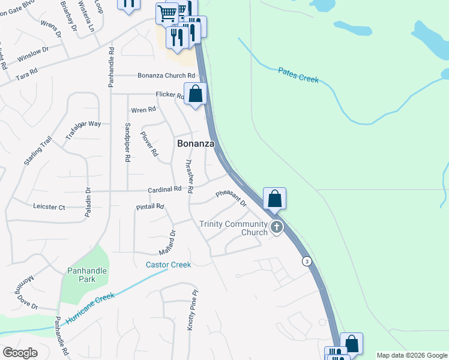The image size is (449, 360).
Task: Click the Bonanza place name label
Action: click(196, 144)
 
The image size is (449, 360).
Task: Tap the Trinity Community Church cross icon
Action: click(277, 227)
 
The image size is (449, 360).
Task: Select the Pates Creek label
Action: click(298, 75)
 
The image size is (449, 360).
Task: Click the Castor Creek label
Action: click(168, 265)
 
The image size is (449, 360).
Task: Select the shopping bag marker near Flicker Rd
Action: click(195, 94)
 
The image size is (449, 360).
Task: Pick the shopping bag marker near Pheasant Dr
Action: click(274, 199)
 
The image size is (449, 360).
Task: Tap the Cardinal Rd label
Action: click(165, 190)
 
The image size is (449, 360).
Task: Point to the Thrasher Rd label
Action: click(188, 176)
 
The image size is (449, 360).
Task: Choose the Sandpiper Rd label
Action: click(127, 143)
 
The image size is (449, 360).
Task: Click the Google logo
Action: click(20, 353)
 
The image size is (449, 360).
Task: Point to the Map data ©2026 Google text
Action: click(412, 355)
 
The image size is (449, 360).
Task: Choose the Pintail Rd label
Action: click(150, 206)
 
